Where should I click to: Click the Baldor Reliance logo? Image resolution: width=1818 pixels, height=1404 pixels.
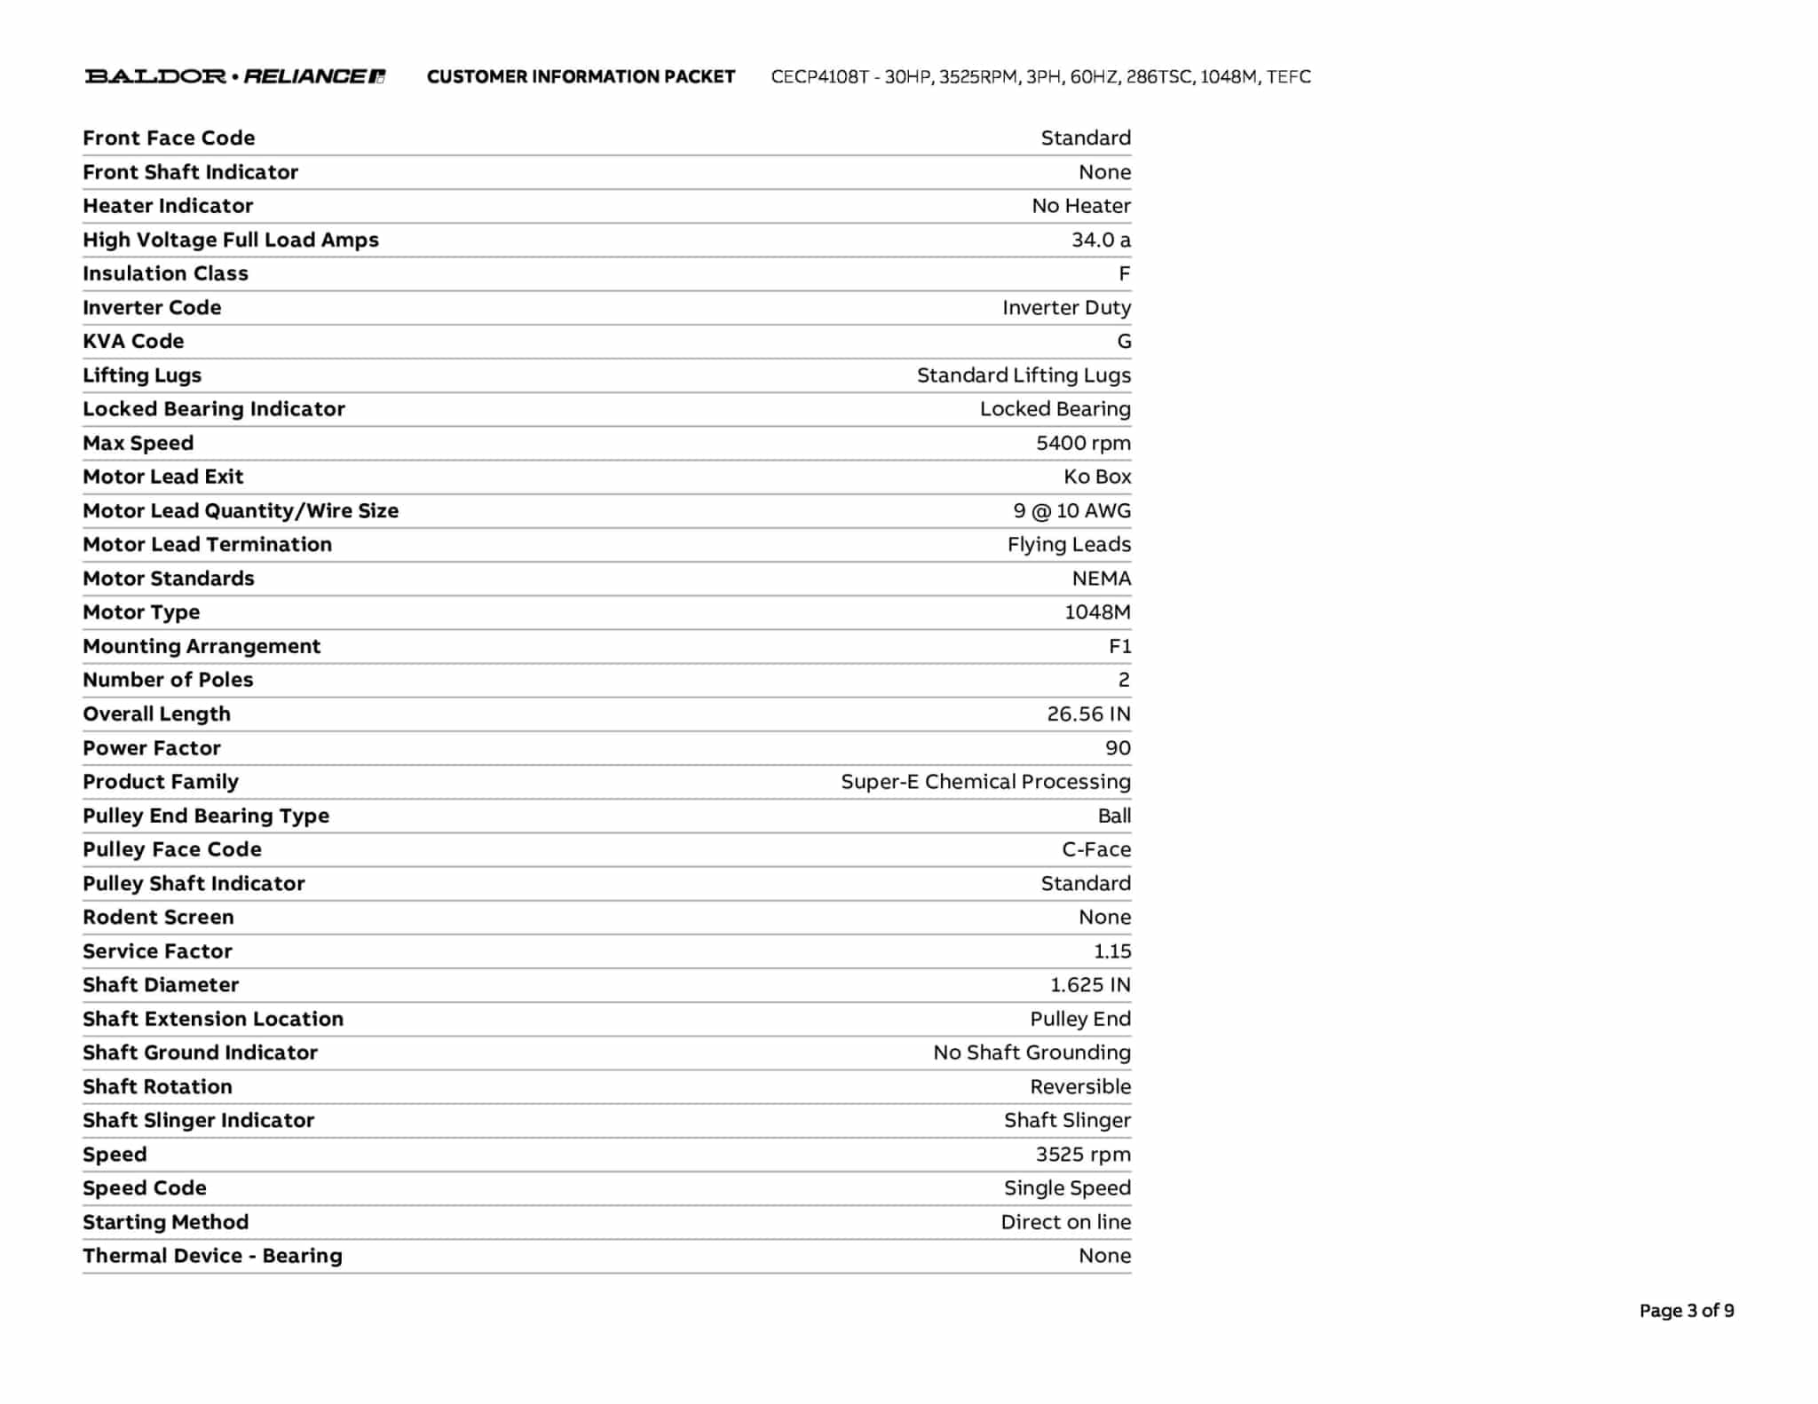tap(235, 76)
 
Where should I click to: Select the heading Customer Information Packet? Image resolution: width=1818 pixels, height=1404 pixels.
tap(581, 76)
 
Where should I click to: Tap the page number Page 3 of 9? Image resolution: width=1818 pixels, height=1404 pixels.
tap(1686, 1310)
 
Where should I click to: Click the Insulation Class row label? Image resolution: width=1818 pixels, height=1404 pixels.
tap(165, 273)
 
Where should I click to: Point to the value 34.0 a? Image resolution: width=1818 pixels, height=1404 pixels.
tap(1101, 240)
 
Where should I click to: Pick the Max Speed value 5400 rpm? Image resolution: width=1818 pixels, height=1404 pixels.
tap(1083, 443)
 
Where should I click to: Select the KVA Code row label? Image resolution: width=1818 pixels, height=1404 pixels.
tap(133, 341)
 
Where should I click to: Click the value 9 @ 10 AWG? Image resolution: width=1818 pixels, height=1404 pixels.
tap(1071, 510)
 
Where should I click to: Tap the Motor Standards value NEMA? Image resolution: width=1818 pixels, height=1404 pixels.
tap(1101, 579)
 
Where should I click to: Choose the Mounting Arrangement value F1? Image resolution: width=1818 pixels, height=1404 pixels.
tap(1119, 646)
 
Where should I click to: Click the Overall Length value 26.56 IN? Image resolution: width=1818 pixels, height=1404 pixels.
tap(1088, 714)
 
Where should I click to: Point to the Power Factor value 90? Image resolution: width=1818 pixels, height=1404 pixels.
tap(1118, 748)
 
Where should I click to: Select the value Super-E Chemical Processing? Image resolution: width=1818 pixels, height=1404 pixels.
tap(985, 782)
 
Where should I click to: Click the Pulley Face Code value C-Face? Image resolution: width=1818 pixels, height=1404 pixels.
tap(1096, 849)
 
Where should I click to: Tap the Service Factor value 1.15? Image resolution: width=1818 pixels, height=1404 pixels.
tap(1112, 951)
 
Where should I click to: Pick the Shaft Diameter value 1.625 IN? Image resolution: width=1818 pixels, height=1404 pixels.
tap(1090, 985)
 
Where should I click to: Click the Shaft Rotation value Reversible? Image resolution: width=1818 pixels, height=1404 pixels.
tap(1080, 1086)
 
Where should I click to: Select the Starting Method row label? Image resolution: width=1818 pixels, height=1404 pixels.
tap(165, 1222)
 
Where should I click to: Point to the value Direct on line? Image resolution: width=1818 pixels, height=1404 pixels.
tap(1065, 1222)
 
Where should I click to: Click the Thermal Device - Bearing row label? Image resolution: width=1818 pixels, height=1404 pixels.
tap(212, 1256)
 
